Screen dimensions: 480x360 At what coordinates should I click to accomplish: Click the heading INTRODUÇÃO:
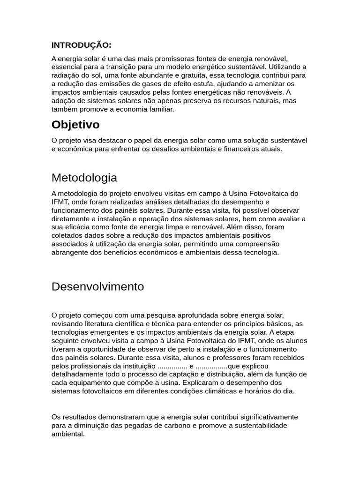(81, 45)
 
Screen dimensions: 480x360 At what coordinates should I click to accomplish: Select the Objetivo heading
(75, 125)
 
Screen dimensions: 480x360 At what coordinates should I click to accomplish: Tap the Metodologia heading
(84, 178)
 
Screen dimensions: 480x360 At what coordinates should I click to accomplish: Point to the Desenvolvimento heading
(97, 286)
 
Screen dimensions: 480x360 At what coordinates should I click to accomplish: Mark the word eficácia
(79, 227)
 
